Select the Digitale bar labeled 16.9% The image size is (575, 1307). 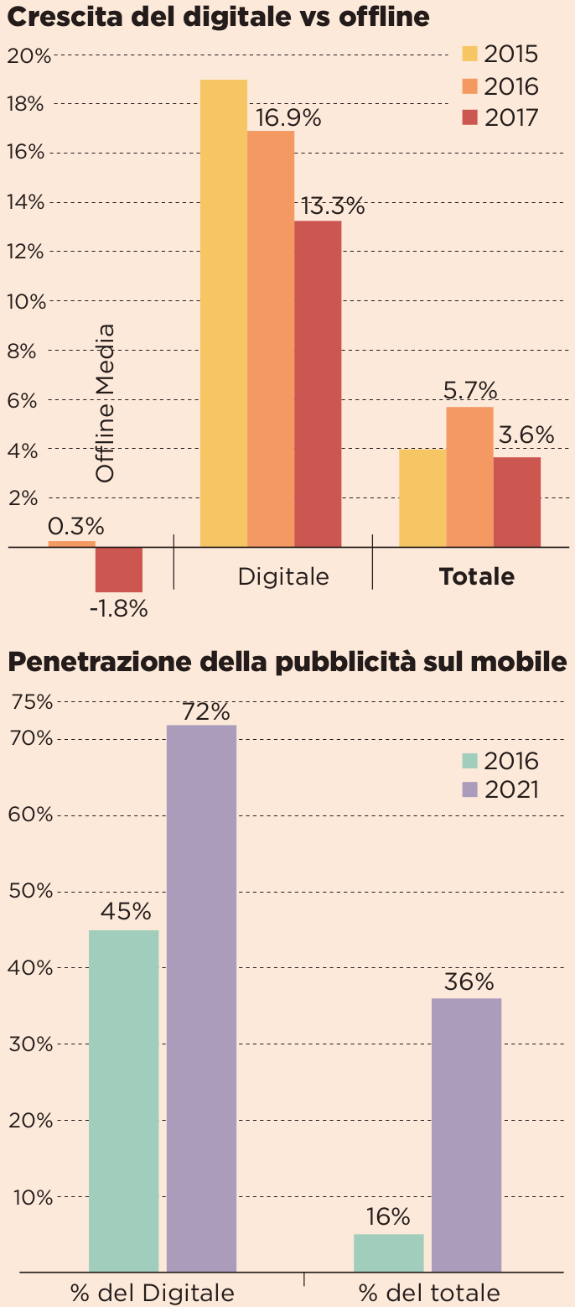270,339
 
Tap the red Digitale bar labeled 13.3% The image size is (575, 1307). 318,383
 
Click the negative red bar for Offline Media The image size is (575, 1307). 118,570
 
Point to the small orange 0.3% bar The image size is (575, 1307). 71,544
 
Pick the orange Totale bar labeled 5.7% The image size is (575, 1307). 469,476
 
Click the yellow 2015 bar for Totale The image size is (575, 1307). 422,497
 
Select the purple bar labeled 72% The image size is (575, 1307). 201,997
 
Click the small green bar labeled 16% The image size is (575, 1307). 388,1252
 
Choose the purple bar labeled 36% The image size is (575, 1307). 466,1134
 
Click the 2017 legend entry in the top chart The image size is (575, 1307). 500,117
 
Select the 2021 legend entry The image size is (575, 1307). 500,789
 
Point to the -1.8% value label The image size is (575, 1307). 118,609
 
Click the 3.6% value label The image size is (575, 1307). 526,435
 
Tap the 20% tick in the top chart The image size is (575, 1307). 28,55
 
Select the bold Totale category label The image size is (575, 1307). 477,576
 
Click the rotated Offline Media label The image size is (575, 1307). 105,403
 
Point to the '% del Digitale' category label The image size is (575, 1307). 153,1292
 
